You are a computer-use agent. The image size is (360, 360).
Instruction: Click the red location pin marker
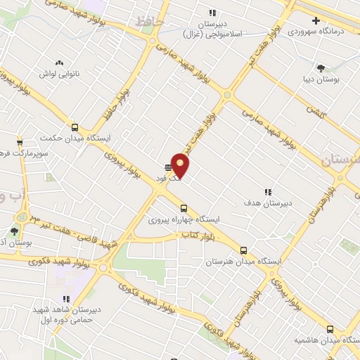point(181,165)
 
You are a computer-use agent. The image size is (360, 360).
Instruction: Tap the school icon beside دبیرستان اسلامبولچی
point(211,12)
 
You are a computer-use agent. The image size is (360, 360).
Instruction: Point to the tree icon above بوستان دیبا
point(321,68)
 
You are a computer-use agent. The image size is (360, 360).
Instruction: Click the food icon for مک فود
point(167,167)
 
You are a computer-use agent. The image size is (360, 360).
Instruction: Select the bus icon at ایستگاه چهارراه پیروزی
point(184,208)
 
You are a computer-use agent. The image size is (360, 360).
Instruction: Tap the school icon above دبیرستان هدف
point(267,191)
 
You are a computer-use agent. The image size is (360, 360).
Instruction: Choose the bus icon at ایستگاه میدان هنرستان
point(244,250)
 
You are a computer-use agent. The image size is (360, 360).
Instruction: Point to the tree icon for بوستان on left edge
point(13,231)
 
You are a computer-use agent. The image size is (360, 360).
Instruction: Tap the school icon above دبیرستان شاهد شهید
point(67,298)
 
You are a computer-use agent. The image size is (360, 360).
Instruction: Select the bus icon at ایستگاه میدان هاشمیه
point(330,328)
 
